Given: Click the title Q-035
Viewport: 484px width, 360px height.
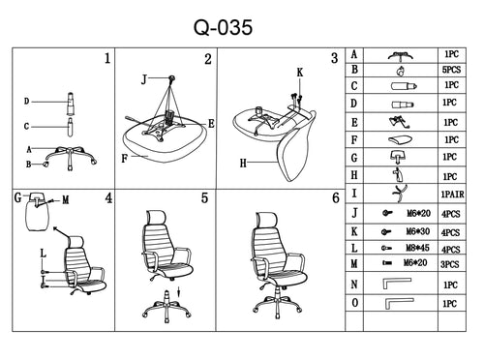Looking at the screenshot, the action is click(223, 27).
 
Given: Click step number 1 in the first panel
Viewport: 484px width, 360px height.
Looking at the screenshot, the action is click(107, 58).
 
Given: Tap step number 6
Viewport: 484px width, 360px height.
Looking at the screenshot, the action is click(336, 197).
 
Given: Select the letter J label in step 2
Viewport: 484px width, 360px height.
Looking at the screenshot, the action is click(144, 79).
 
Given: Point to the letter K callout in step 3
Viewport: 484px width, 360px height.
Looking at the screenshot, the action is click(300, 73).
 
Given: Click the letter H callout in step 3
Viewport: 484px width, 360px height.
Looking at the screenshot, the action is click(243, 164).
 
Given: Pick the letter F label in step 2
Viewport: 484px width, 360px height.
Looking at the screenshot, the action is click(124, 159).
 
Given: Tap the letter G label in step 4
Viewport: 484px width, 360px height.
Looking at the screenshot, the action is click(18, 197).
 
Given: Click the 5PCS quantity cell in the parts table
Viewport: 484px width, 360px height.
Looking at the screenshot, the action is click(451, 70).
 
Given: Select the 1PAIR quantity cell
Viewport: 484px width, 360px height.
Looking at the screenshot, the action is click(452, 195).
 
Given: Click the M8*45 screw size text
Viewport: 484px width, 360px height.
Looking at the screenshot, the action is click(417, 248).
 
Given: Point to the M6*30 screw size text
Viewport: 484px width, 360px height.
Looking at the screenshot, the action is click(418, 231).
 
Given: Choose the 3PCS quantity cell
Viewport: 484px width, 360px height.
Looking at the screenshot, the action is click(450, 264).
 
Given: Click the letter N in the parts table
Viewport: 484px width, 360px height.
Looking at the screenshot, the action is click(354, 285).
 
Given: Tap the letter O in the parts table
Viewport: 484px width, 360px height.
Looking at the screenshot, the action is click(354, 303).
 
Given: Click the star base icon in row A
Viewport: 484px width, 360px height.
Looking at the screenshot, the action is click(401, 56).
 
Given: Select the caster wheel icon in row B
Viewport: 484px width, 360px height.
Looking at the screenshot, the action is click(401, 71).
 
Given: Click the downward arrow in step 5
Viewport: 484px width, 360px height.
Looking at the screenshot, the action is click(179, 292).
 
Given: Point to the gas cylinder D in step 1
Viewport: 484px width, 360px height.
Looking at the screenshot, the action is click(70, 104).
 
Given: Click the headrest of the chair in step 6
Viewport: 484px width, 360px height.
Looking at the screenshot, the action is click(266, 220).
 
